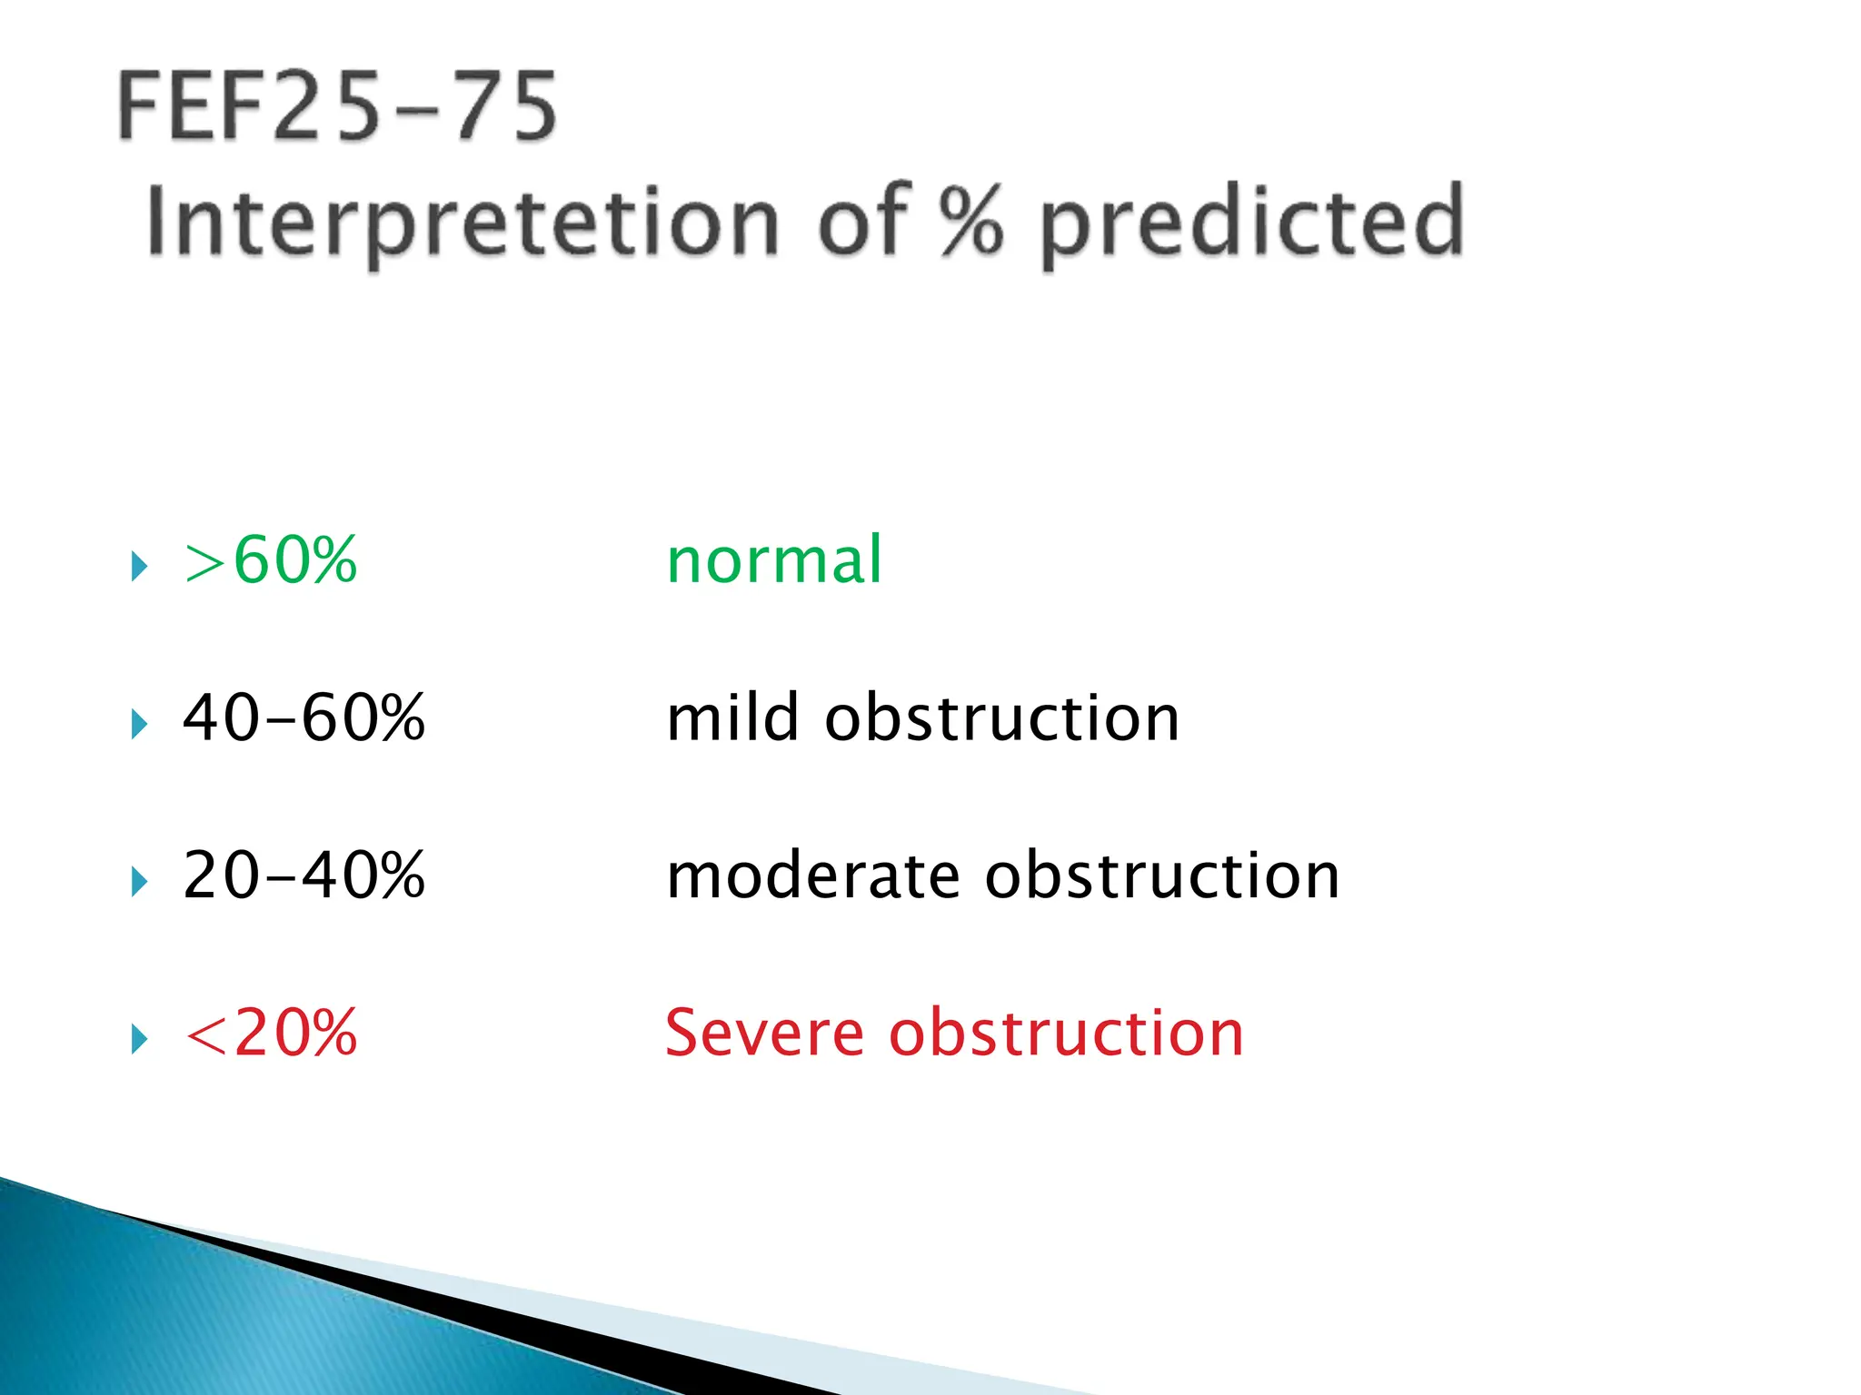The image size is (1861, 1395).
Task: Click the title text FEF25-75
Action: (x=336, y=107)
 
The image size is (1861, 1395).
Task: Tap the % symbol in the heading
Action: (x=970, y=220)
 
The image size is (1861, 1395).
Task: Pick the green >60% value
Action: (x=271, y=560)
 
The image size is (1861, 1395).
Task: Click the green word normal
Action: (x=774, y=560)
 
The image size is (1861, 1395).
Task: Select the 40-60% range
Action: (x=304, y=718)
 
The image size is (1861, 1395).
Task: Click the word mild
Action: (x=732, y=718)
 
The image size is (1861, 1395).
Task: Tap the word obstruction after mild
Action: (x=1001, y=718)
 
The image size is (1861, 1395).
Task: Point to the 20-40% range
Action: (x=304, y=876)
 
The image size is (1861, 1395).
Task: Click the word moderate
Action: (x=812, y=876)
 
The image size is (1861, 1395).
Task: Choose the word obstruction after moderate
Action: (x=1162, y=876)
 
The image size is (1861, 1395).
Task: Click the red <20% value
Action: (x=271, y=1034)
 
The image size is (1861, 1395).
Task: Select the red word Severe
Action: (x=763, y=1034)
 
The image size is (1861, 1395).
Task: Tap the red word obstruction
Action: (x=1065, y=1034)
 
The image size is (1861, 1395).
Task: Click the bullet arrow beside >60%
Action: (x=139, y=567)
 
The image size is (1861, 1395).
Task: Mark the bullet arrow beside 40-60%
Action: (x=139, y=725)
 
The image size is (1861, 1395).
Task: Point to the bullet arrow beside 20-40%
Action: (x=139, y=882)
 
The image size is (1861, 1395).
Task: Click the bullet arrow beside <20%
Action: (x=139, y=1039)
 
